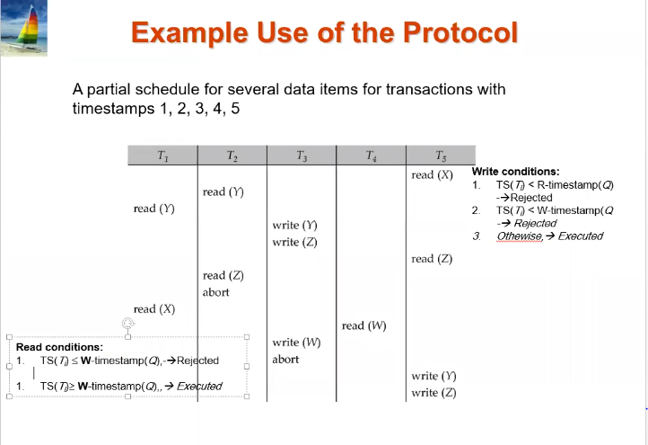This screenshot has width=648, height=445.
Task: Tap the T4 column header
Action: coord(371,156)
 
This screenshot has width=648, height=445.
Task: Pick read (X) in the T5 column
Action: coord(432,174)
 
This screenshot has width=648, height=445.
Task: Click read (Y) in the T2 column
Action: coord(223,191)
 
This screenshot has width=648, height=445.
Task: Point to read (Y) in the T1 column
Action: coord(153,209)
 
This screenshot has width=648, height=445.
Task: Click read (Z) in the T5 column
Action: coord(432,259)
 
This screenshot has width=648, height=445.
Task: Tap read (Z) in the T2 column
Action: coord(223,275)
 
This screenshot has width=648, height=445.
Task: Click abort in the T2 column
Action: coord(216,292)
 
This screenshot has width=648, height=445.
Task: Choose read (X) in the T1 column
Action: coord(153,309)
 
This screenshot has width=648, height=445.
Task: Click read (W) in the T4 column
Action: coord(364,325)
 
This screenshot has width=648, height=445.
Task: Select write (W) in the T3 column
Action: coord(296,343)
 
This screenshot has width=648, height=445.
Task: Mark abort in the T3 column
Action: coord(285,360)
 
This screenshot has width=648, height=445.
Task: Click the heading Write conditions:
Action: coord(515,172)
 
